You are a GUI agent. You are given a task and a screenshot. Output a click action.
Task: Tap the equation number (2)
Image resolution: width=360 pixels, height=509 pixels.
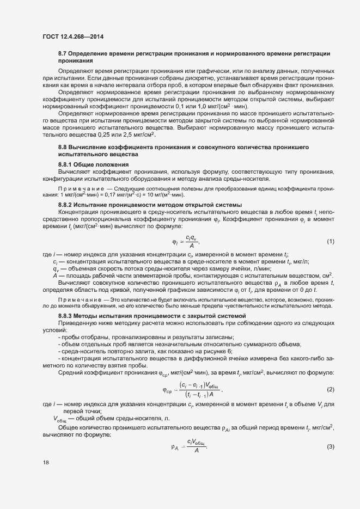[x=330, y=389]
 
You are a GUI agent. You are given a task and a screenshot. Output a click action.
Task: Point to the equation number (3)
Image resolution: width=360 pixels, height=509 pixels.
[x=330, y=446]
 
